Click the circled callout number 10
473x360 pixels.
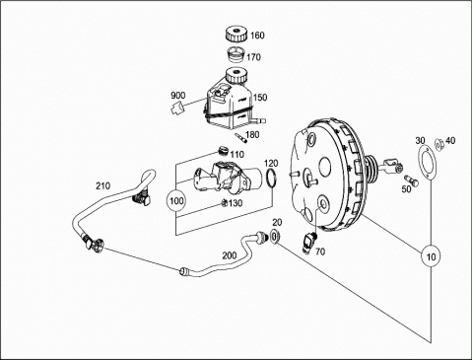[x=431, y=255]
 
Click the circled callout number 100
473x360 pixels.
[x=176, y=200]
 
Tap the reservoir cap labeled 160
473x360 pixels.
[x=236, y=35]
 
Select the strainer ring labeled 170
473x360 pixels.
[x=236, y=55]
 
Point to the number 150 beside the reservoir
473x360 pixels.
[x=260, y=98]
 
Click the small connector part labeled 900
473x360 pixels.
[x=178, y=108]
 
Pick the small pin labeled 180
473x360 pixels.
[x=240, y=138]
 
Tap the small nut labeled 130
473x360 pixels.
[x=224, y=203]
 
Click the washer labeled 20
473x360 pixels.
[x=275, y=237]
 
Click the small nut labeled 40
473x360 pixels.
[x=439, y=144]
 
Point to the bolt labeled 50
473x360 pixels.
[x=411, y=180]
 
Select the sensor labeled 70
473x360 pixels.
[x=308, y=243]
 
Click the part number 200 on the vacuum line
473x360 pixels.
[x=230, y=255]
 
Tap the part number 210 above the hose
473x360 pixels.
[x=102, y=185]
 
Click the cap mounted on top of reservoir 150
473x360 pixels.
[x=236, y=75]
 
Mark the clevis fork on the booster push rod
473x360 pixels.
[x=391, y=164]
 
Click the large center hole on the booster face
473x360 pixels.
[x=325, y=165]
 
